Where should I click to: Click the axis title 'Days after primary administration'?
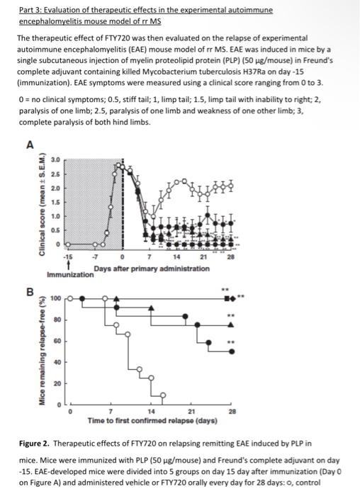147,267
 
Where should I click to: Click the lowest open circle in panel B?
163,394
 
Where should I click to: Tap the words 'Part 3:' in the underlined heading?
29,11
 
